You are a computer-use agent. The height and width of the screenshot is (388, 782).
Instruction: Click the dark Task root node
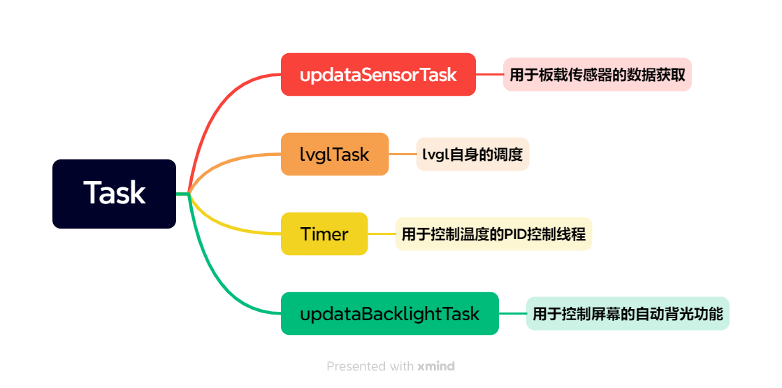click(x=114, y=194)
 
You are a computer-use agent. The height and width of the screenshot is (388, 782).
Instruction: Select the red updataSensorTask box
click(x=378, y=74)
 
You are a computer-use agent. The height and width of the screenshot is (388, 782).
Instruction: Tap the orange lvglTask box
click(x=335, y=154)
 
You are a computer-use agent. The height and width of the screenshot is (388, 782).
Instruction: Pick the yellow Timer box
click(x=324, y=233)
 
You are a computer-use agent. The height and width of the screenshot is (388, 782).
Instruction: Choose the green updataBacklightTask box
click(x=389, y=313)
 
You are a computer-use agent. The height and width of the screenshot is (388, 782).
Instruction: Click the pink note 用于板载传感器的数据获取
click(x=597, y=74)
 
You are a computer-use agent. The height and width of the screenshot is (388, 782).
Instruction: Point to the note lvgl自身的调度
click(x=472, y=154)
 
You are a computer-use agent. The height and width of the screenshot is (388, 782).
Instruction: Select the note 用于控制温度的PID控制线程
click(x=493, y=233)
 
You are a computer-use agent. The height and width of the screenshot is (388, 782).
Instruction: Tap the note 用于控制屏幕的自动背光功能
click(x=628, y=313)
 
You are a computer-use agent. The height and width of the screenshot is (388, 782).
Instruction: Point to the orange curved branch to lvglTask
click(x=219, y=164)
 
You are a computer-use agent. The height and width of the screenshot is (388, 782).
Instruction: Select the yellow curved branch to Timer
click(x=219, y=222)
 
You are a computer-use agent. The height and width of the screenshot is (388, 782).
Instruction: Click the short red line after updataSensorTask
click(x=489, y=74)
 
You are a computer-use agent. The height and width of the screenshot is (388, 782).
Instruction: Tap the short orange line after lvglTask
click(x=403, y=154)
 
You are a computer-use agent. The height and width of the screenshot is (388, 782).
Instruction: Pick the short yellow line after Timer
click(x=382, y=233)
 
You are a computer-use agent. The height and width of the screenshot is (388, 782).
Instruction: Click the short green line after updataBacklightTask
click(x=513, y=313)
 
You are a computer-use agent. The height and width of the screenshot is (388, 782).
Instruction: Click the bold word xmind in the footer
click(x=436, y=366)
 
